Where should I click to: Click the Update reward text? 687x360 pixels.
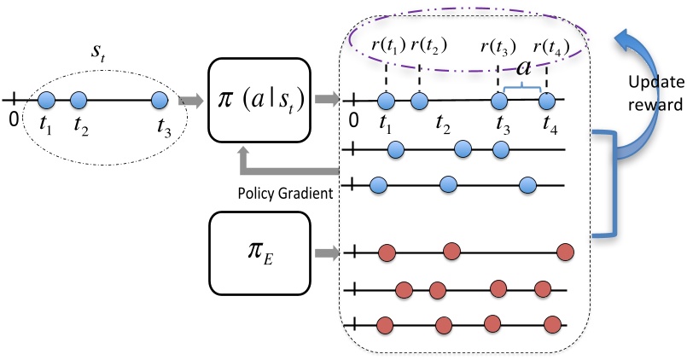coord(654,93)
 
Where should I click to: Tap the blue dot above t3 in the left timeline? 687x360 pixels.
coord(159,101)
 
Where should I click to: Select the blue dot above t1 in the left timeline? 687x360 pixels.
coord(47,101)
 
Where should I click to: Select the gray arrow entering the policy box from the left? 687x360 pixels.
coord(190,101)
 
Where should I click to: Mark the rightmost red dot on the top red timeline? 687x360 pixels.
coord(565,252)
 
